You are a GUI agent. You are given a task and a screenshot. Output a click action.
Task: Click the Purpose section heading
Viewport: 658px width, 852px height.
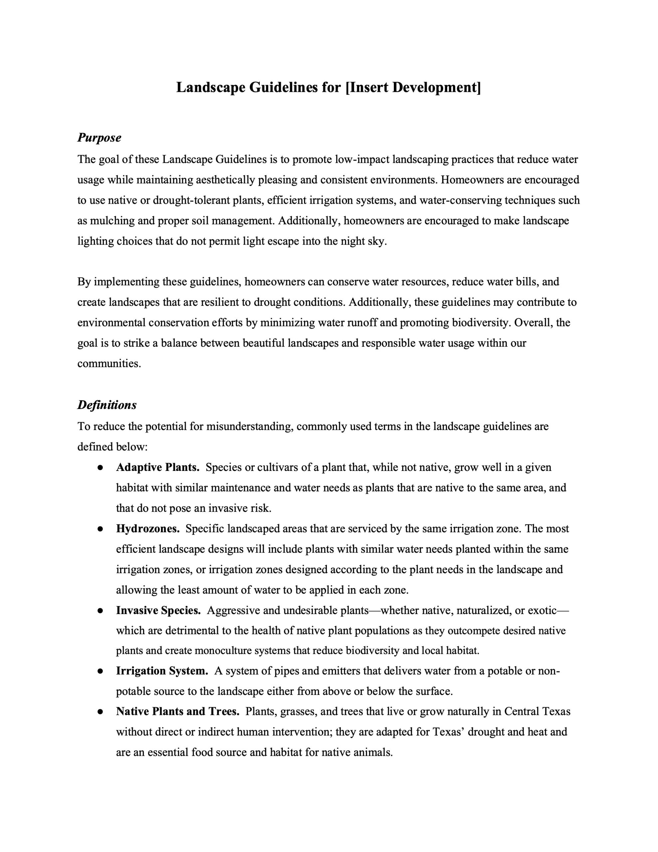(x=99, y=138)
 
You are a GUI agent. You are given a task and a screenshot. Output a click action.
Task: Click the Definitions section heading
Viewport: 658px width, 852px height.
(x=107, y=405)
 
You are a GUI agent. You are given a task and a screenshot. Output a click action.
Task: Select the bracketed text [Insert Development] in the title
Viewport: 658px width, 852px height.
(x=413, y=88)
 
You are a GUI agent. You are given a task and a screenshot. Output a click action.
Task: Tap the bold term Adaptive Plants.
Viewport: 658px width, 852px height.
(x=158, y=467)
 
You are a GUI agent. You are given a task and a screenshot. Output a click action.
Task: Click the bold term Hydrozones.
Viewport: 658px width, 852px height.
(x=148, y=529)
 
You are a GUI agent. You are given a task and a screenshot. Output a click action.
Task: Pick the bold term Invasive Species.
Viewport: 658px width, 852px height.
(x=158, y=610)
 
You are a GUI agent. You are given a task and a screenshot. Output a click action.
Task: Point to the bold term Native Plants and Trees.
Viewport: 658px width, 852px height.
(x=177, y=712)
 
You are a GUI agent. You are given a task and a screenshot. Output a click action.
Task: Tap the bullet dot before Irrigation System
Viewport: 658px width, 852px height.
(x=100, y=671)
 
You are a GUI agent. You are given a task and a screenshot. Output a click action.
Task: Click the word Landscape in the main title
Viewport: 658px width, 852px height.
(x=211, y=88)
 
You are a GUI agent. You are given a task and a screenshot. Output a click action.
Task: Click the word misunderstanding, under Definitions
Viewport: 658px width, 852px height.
(x=249, y=426)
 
